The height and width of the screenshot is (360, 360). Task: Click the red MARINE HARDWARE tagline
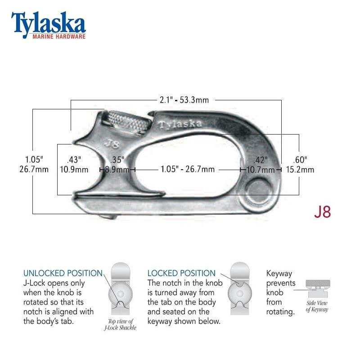click(58, 36)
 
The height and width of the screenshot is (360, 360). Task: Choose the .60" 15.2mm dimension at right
click(300, 165)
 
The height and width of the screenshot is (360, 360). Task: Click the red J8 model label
click(322, 212)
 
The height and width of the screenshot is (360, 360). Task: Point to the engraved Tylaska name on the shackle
click(180, 124)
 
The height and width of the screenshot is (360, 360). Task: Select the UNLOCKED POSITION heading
click(63, 273)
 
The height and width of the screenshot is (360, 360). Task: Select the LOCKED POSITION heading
click(181, 273)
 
